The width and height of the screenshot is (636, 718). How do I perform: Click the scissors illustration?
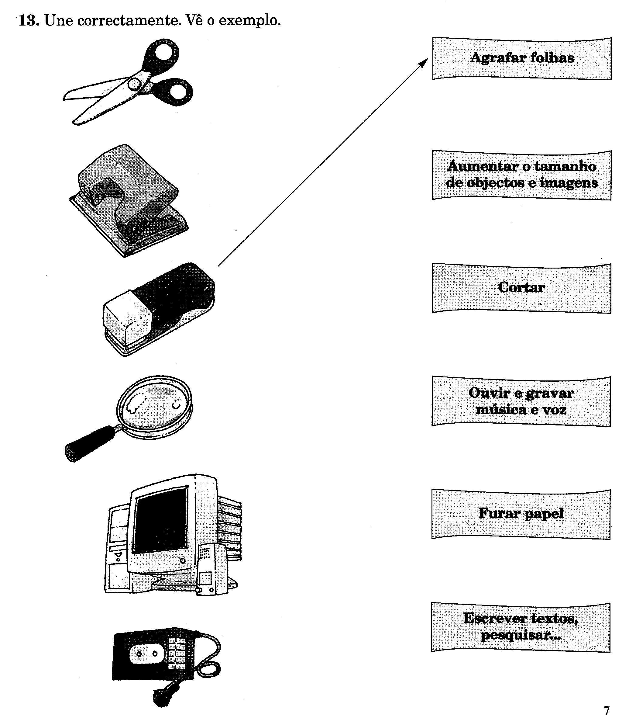tap(128, 82)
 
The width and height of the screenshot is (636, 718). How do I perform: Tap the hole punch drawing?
tap(129, 200)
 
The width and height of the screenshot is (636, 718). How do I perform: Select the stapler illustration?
tap(159, 309)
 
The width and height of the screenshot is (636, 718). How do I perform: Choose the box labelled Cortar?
tap(521, 288)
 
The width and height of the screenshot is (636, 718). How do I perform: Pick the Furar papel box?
tap(521, 514)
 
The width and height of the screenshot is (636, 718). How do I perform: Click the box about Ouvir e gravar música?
tap(521, 401)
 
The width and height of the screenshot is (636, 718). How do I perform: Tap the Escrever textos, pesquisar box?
tap(521, 627)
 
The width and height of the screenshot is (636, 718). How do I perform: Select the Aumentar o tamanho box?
tap(521, 175)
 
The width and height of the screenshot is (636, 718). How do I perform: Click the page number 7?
tap(607, 710)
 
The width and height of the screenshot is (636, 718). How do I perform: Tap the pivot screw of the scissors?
tap(134, 84)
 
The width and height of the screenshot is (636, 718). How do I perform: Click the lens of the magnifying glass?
tap(155, 407)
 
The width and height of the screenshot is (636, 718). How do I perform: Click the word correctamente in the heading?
tap(129, 21)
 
